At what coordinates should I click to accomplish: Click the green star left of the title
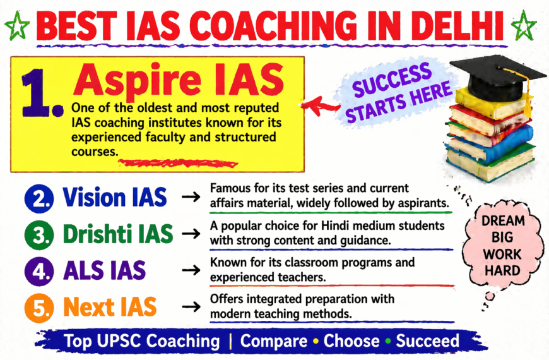tap(17, 27)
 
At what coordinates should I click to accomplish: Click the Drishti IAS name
tap(118, 234)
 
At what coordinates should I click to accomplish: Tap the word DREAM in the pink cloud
tap(502, 221)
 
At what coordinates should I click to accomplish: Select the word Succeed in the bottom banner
tap(427, 341)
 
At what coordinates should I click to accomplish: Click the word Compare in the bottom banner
tap(274, 341)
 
